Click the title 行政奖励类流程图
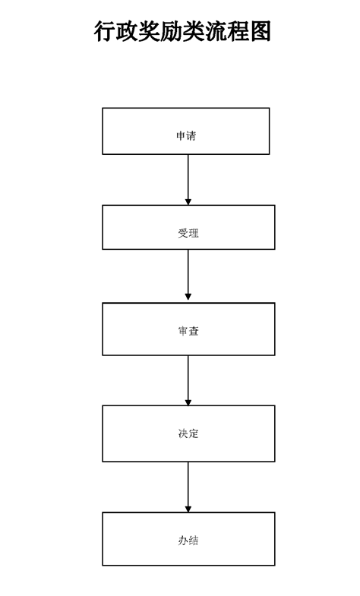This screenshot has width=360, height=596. pyautogui.click(x=182, y=31)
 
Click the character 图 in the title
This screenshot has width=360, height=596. pyautogui.click(x=260, y=31)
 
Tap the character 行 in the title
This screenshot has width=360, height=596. pyautogui.click(x=105, y=31)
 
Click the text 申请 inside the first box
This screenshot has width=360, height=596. pyautogui.click(x=186, y=136)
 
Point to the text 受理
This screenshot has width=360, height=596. pyautogui.click(x=188, y=233)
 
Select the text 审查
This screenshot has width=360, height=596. pyautogui.click(x=188, y=331)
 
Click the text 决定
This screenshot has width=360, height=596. pyautogui.click(x=188, y=434)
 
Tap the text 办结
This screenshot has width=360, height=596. pyautogui.click(x=188, y=541)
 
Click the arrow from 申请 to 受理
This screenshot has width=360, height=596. pyautogui.click(x=188, y=180)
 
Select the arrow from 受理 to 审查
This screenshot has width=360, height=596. pyautogui.click(x=188, y=275)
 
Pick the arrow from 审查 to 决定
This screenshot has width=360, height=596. pyautogui.click(x=188, y=380)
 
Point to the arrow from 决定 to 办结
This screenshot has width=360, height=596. pyautogui.click(x=188, y=487)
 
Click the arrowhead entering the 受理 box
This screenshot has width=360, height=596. pyautogui.click(x=188, y=202)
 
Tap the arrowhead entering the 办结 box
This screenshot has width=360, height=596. pyautogui.click(x=188, y=509)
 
